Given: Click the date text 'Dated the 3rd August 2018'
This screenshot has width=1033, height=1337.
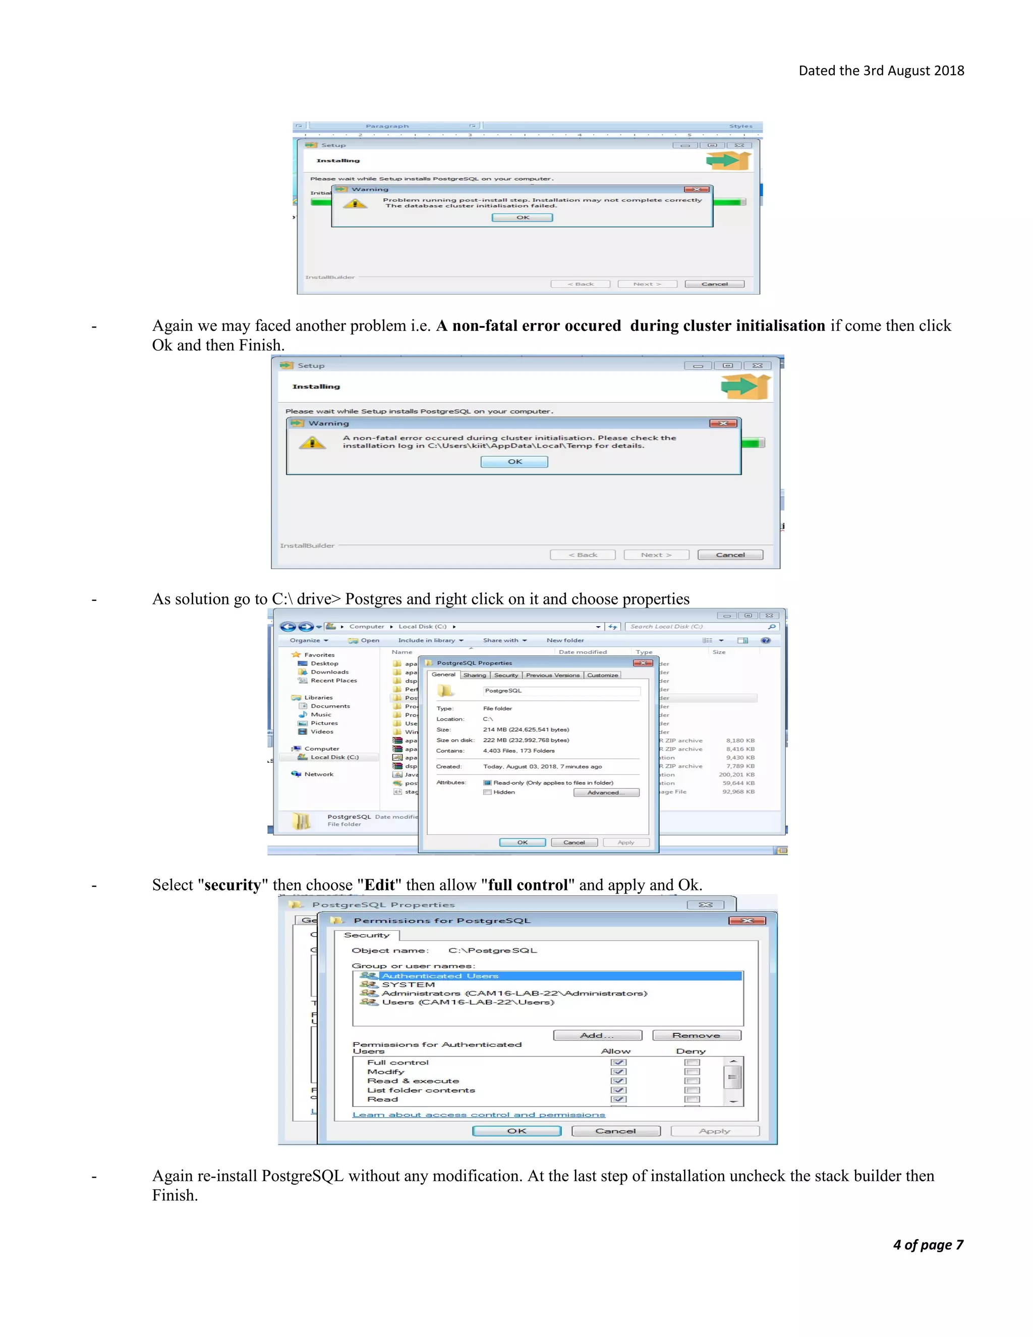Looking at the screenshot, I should [881, 71].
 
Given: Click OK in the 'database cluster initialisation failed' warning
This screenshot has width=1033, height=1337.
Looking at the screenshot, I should [522, 217].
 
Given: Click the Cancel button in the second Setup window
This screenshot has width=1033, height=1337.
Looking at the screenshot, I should [730, 554].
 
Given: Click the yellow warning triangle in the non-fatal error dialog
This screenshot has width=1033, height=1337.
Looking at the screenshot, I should [312, 442].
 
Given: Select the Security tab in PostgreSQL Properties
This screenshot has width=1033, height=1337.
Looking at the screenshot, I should [505, 675].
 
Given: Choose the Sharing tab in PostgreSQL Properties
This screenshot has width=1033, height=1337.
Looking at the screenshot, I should [474, 675].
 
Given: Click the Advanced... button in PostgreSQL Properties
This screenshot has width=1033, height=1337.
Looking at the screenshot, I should [606, 793].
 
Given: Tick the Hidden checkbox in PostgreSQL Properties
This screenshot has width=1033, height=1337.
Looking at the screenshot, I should [488, 792].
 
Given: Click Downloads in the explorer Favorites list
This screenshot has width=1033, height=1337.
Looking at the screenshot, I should [329, 672].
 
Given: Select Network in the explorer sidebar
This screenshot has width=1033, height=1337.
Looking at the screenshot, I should [319, 774].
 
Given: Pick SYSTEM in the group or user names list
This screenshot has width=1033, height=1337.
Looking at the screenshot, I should [408, 985].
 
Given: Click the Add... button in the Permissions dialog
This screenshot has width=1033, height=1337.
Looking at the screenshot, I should [597, 1035].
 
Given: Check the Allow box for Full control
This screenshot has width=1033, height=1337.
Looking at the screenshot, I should [619, 1063].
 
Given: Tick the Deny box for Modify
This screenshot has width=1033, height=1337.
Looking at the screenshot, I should [692, 1072].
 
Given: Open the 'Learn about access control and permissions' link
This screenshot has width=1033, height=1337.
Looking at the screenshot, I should [479, 1115].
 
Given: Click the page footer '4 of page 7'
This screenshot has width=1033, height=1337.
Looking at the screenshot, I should [928, 1245].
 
